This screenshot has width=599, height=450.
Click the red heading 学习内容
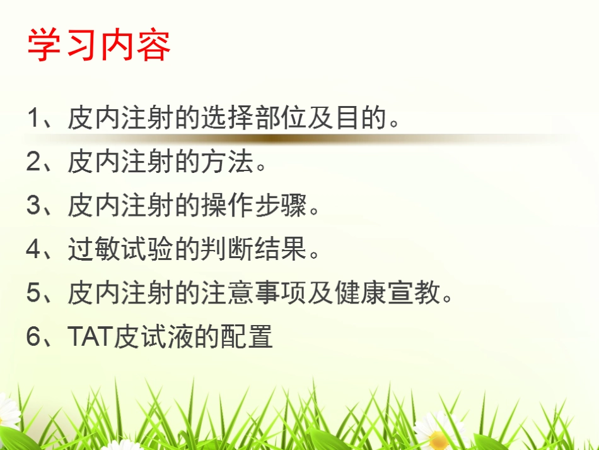coord(98,45)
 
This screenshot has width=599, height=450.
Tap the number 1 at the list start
coord(33,118)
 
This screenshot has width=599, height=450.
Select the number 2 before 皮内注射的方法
coord(33,162)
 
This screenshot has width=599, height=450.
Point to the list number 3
coord(33,206)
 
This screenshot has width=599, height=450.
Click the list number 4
coord(33,250)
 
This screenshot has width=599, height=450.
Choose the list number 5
coord(33,293)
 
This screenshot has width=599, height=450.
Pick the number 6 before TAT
coord(33,337)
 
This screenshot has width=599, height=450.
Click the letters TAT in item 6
coord(90,337)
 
